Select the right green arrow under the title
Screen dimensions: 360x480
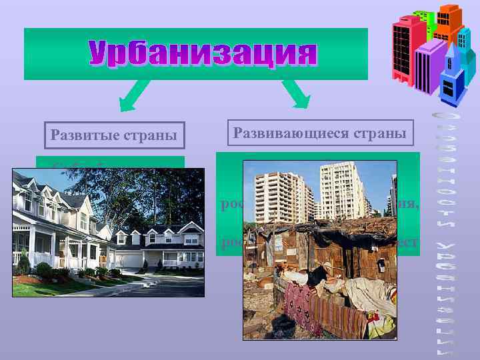[295, 93]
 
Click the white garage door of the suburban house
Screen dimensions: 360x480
[133, 259]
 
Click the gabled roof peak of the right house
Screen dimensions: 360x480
[160, 231]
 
